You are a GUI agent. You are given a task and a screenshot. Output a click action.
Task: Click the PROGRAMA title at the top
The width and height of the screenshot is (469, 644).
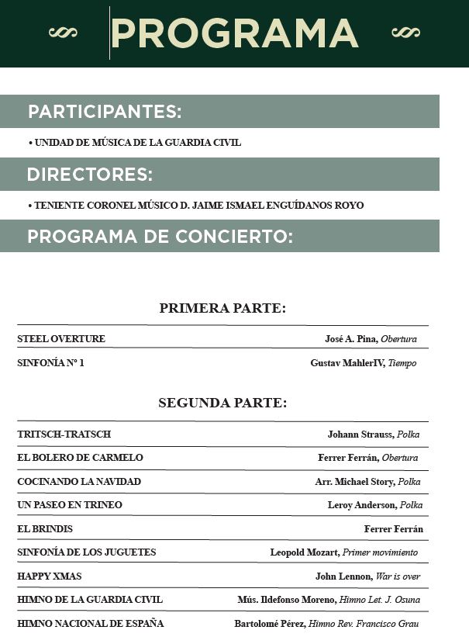(234, 33)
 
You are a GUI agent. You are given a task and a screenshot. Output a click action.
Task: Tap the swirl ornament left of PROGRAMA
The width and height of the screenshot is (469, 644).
(63, 33)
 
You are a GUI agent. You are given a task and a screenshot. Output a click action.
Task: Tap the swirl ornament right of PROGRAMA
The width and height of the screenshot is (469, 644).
(405, 33)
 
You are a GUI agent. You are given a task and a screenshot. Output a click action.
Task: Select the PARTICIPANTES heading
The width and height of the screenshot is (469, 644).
(105, 112)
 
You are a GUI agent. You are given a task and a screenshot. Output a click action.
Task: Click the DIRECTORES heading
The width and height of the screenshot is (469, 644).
(89, 175)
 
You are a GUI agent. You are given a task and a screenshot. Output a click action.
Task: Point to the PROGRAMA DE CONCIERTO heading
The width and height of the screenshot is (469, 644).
(160, 237)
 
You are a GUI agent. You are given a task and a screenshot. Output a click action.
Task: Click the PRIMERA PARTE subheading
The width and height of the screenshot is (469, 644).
(222, 309)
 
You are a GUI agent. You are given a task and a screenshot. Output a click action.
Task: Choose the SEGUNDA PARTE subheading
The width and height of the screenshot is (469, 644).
(222, 403)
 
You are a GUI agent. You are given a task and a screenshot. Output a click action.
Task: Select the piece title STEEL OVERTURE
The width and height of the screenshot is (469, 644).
(61, 339)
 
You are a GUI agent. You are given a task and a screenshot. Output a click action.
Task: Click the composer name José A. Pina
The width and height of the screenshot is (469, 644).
(350, 339)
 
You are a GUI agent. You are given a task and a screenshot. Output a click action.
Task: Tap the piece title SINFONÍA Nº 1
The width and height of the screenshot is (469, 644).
(50, 362)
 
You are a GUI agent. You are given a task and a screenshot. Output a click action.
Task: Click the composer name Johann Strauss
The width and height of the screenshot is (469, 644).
(360, 435)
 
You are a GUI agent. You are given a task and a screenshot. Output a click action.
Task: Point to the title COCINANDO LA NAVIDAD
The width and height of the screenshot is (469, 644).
(79, 482)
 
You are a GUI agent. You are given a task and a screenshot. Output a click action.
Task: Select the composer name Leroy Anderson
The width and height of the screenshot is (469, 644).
(360, 505)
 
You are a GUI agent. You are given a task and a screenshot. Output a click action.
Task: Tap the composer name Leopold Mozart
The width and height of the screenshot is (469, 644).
(304, 552)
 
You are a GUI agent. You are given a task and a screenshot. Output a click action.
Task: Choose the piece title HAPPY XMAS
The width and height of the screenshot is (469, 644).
(49, 576)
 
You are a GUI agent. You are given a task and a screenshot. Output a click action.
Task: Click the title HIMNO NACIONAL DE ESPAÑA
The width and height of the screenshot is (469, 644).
(90, 624)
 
